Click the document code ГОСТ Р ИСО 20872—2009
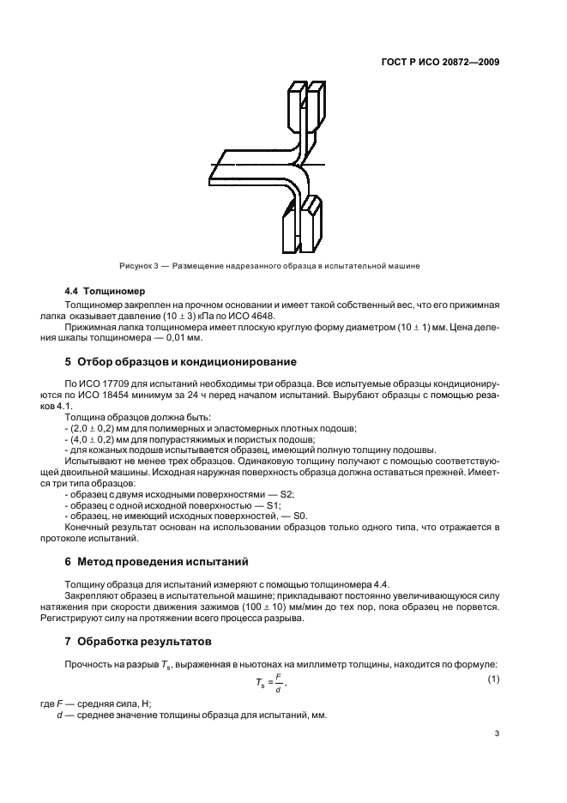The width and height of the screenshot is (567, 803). pyautogui.click(x=440, y=63)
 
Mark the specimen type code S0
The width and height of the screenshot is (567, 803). pyautogui.click(x=300, y=516)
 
